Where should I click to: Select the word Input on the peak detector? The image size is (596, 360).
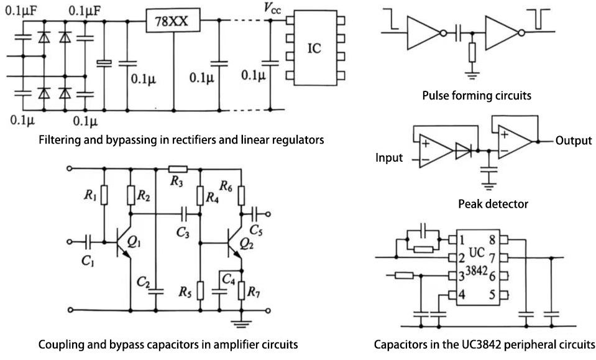(x=389, y=157)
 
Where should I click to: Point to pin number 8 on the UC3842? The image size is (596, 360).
(x=491, y=239)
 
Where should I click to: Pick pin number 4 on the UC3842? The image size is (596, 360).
(x=461, y=295)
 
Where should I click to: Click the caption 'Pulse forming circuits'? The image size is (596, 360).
(x=477, y=96)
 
